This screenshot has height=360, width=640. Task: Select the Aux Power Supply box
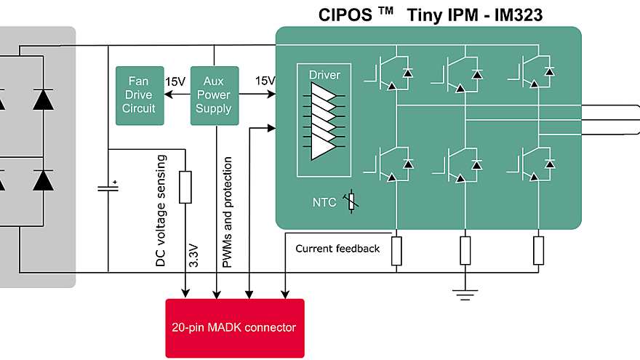pos(214,95)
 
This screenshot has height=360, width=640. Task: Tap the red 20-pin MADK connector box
pos(235,328)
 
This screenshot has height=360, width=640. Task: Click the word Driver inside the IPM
pos(324,75)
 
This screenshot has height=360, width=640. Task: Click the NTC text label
pos(324,203)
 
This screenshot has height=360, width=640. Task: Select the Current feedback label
pos(337,249)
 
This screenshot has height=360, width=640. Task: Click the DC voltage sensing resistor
pos(185,187)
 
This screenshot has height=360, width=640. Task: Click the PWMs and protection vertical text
pos(228,211)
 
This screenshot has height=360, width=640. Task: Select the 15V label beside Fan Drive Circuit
pos(175,81)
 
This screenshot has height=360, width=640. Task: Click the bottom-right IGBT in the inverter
pos(535,163)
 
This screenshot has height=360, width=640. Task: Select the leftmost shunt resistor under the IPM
pos(396,250)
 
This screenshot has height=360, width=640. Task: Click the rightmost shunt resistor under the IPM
pos(539,250)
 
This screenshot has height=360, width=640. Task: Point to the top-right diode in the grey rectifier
pos(43,100)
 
